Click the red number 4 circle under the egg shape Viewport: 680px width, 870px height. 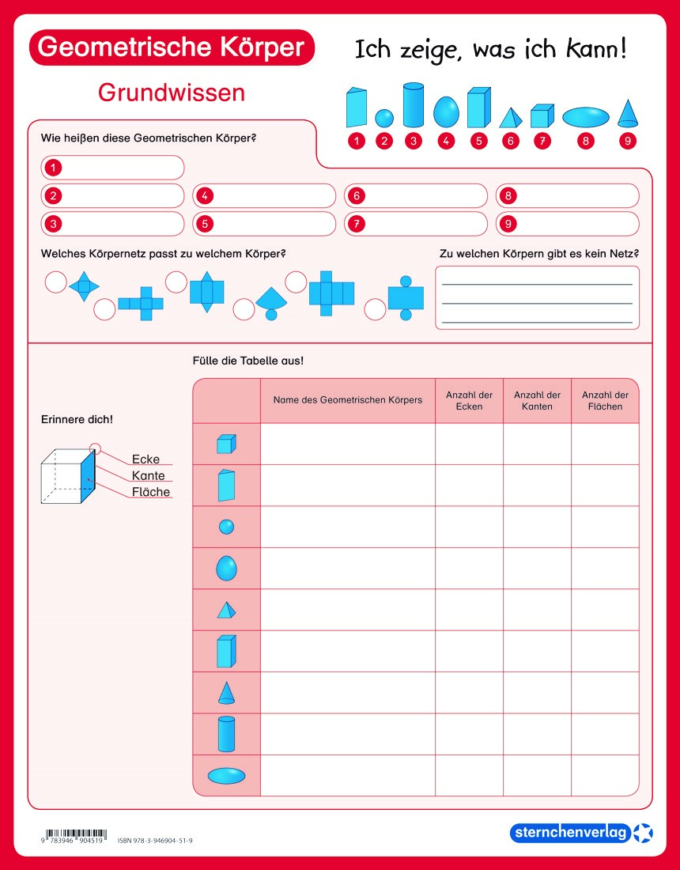(446, 142)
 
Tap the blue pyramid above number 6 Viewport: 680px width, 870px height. (511, 118)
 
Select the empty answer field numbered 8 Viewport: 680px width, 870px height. (567, 195)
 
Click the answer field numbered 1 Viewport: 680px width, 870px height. (112, 168)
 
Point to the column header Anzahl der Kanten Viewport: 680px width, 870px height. (537, 400)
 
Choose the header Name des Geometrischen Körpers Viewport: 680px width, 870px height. (348, 400)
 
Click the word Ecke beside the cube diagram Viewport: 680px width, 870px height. (145, 460)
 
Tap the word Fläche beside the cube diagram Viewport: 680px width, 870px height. (150, 492)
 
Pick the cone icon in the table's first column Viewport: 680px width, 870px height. (226, 693)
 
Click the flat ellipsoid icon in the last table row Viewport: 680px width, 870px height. (226, 775)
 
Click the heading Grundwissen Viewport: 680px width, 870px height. (172, 93)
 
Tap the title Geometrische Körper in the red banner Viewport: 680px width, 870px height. (171, 47)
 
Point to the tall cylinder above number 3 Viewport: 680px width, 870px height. (414, 105)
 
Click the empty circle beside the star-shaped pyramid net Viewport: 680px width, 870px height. (55, 282)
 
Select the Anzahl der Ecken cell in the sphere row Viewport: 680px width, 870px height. (469, 527)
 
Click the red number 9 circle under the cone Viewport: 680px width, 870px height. (628, 142)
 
